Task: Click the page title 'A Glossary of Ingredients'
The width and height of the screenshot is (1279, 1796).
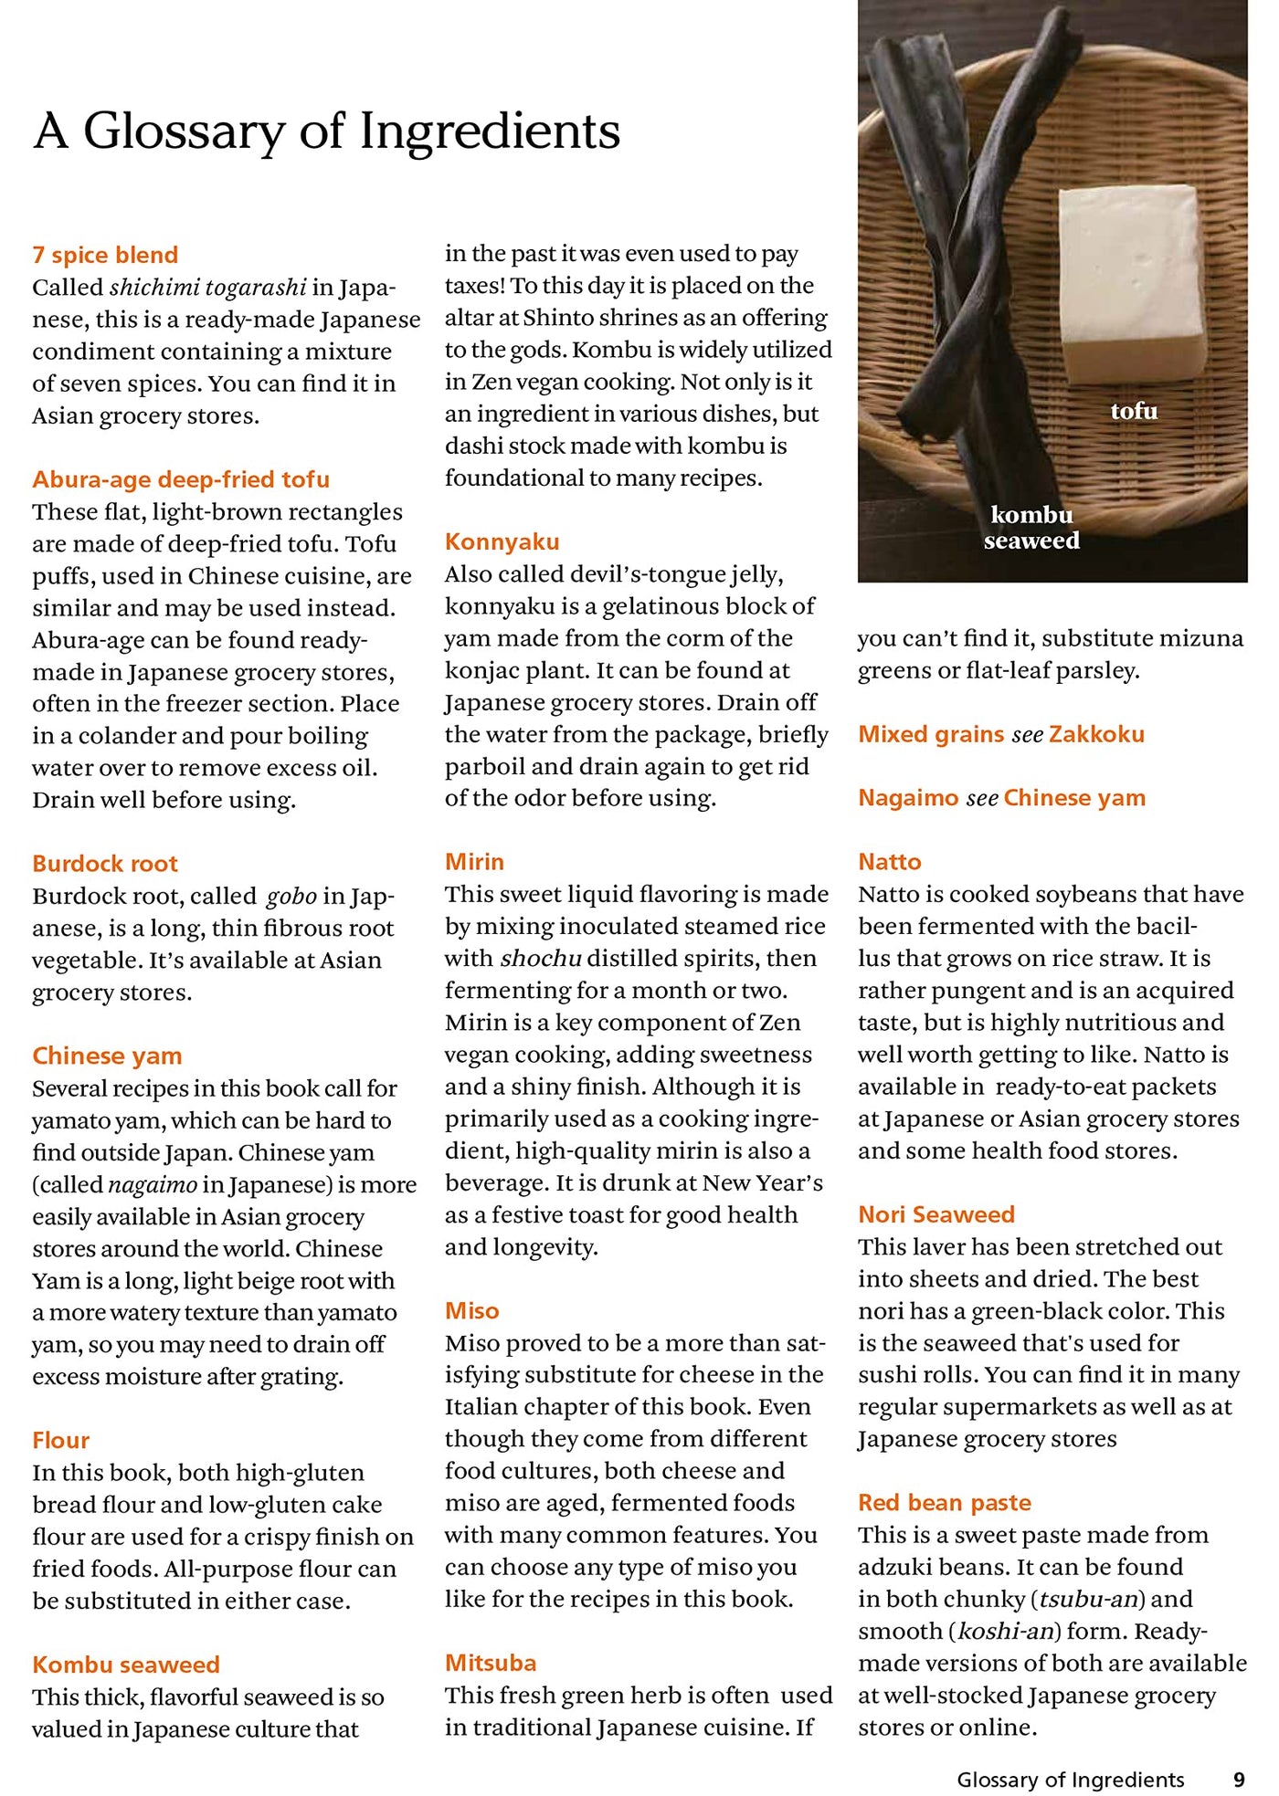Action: coord(327,131)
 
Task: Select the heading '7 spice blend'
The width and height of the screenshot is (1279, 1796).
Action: coord(105,255)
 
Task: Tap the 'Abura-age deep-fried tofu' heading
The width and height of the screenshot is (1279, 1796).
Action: coord(181,479)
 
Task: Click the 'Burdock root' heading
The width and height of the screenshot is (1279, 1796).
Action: coord(105,863)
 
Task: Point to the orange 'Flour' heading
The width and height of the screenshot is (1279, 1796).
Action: coord(61,1440)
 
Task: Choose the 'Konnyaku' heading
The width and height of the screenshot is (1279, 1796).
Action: coord(502,541)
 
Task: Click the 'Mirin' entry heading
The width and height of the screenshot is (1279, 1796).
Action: coord(474,861)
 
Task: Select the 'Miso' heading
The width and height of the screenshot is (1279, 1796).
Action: coord(471,1310)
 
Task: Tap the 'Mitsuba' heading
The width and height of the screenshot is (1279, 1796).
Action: coord(491,1663)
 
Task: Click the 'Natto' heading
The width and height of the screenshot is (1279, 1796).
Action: coord(889,861)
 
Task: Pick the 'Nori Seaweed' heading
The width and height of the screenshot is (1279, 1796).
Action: coord(935,1213)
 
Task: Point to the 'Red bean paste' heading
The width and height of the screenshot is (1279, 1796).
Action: coord(944,1502)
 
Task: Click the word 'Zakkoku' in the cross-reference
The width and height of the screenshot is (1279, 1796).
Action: coord(1095,734)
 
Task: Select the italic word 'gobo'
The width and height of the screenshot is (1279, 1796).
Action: coord(291,897)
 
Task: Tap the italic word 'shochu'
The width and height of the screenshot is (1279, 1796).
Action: coord(541,959)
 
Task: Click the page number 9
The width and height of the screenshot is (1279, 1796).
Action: coord(1239,1780)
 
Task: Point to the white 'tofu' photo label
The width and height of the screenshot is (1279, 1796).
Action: coord(1134,412)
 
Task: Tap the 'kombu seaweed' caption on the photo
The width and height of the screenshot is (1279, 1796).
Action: coord(1031,528)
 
